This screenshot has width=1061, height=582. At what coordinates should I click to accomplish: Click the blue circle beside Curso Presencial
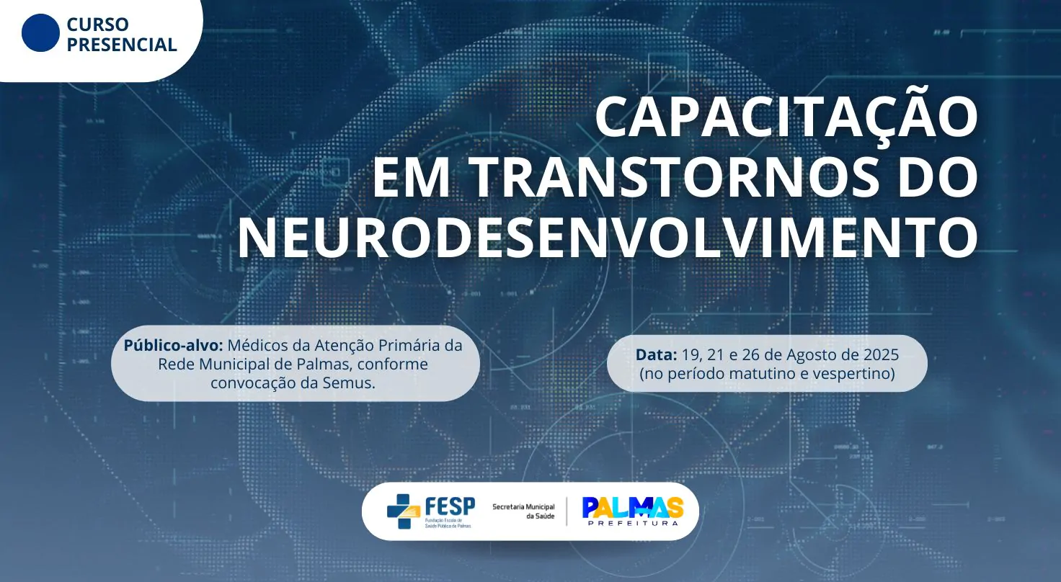pyautogui.click(x=41, y=32)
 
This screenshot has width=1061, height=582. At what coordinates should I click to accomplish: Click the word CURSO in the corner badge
pyautogui.click(x=97, y=24)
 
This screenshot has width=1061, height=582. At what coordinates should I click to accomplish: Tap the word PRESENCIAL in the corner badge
pyautogui.click(x=122, y=45)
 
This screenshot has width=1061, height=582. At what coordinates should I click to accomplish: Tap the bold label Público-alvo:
pyautogui.click(x=173, y=346)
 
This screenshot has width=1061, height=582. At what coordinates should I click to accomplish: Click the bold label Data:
pyautogui.click(x=656, y=354)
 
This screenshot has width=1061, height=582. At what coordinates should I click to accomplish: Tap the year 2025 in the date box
pyautogui.click(x=881, y=354)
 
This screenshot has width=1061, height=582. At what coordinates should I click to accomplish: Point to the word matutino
pyautogui.click(x=762, y=373)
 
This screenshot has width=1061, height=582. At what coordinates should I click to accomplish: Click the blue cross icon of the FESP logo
pyautogui.click(x=404, y=511)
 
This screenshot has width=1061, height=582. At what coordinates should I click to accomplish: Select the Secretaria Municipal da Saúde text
pyautogui.click(x=523, y=511)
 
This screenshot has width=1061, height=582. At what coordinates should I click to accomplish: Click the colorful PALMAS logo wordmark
pyautogui.click(x=633, y=507)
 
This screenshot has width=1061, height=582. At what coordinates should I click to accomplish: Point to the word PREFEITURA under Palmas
pyautogui.click(x=633, y=523)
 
